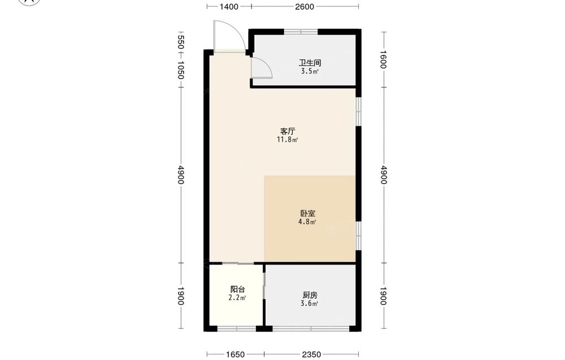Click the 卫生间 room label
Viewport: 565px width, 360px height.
pos(310,63)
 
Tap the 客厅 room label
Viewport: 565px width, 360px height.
pos(287,131)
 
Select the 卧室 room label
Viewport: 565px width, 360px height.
pos(307,213)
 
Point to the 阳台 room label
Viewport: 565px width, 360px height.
pos(237,289)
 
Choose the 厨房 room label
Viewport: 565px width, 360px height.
pos(310,295)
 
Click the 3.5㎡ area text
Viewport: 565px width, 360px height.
pos(310,71)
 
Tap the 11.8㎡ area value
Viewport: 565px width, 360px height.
pos(287,140)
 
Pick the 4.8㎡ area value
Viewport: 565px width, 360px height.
pos(307,222)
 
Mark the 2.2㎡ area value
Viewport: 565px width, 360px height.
pos(237,298)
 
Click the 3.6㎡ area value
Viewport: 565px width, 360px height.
pos(309,303)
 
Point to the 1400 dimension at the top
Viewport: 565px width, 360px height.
pos(229,6)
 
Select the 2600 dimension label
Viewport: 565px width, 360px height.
pos(305,6)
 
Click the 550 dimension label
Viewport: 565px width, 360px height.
pos(181,42)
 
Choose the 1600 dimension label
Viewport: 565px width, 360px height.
pos(384,59)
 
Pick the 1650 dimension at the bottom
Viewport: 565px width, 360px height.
pos(235,354)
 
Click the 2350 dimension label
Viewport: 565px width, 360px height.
pos(311,354)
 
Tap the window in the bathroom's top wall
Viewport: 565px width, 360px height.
pos(301,32)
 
